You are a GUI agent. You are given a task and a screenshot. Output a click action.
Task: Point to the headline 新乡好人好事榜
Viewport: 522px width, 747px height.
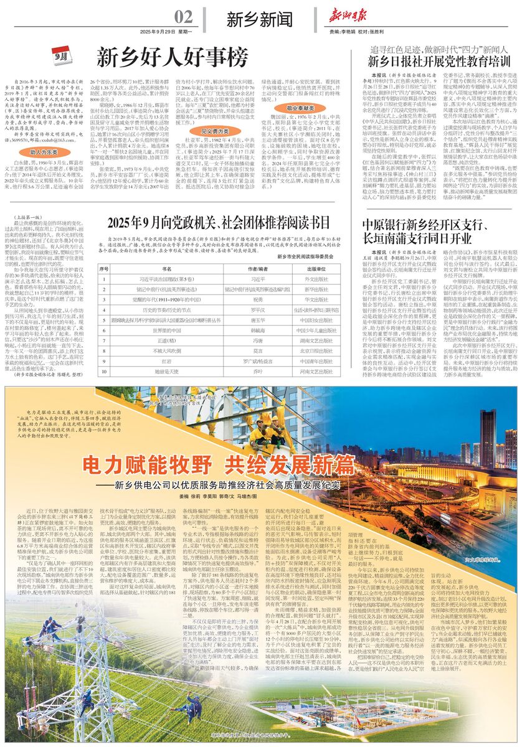(x=172, y=59)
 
